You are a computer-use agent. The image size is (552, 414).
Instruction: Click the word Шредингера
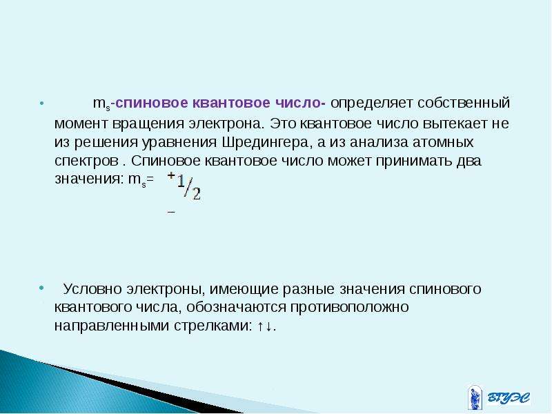tap(264, 143)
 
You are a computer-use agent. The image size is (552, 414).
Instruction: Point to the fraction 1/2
tap(189, 187)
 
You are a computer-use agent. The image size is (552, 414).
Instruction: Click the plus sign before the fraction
tap(171, 175)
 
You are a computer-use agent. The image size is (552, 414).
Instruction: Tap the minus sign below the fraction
tap(171, 213)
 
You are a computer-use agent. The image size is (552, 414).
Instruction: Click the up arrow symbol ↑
tap(260, 326)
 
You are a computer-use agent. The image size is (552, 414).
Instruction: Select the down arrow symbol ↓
tap(268, 326)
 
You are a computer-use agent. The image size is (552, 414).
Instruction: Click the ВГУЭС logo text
tap(509, 398)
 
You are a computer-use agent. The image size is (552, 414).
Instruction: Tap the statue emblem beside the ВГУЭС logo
tap(474, 397)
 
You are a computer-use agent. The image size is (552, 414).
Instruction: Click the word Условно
tap(92, 289)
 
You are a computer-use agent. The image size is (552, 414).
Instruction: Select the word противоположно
tap(350, 307)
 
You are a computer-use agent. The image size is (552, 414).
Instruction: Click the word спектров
tap(87, 161)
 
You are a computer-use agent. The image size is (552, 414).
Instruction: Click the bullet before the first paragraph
tap(42, 103)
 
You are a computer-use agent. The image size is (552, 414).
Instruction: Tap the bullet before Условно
tap(41, 288)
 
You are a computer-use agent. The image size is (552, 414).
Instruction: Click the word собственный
tap(464, 103)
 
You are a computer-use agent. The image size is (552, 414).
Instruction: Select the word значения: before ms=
tap(90, 179)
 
